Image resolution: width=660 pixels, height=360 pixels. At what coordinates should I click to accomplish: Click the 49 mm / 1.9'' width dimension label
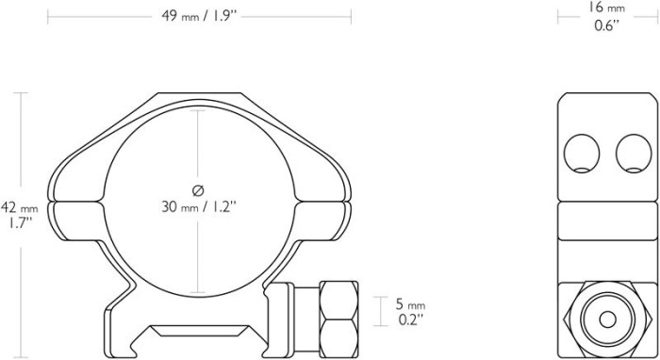pos(199,15)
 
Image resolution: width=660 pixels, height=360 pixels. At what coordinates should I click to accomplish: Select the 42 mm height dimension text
pos(19,207)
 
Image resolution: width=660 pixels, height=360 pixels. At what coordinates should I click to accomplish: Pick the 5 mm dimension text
pos(410,304)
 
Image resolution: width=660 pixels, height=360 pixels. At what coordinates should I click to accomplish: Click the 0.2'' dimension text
pos(410,319)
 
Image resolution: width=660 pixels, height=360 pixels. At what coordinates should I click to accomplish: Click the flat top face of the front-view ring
pos(199,95)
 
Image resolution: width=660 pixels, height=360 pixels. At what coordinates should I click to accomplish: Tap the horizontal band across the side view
pos(604,223)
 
